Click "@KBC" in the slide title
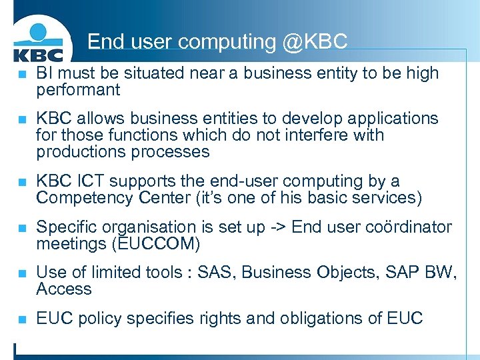pos(315,42)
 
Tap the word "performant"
pos(78,90)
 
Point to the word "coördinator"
pos(408,227)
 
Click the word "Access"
pos(64,289)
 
